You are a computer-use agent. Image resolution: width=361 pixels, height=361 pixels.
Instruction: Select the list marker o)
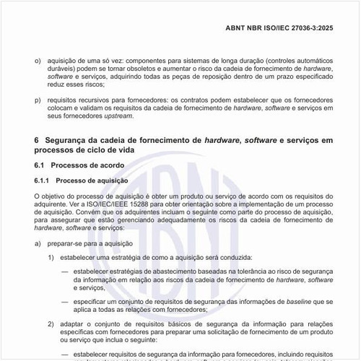[x=38, y=63]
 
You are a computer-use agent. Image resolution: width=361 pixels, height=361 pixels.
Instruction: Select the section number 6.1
[x=40, y=165]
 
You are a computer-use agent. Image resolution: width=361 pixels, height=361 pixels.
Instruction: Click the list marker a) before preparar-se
[x=38, y=243]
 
